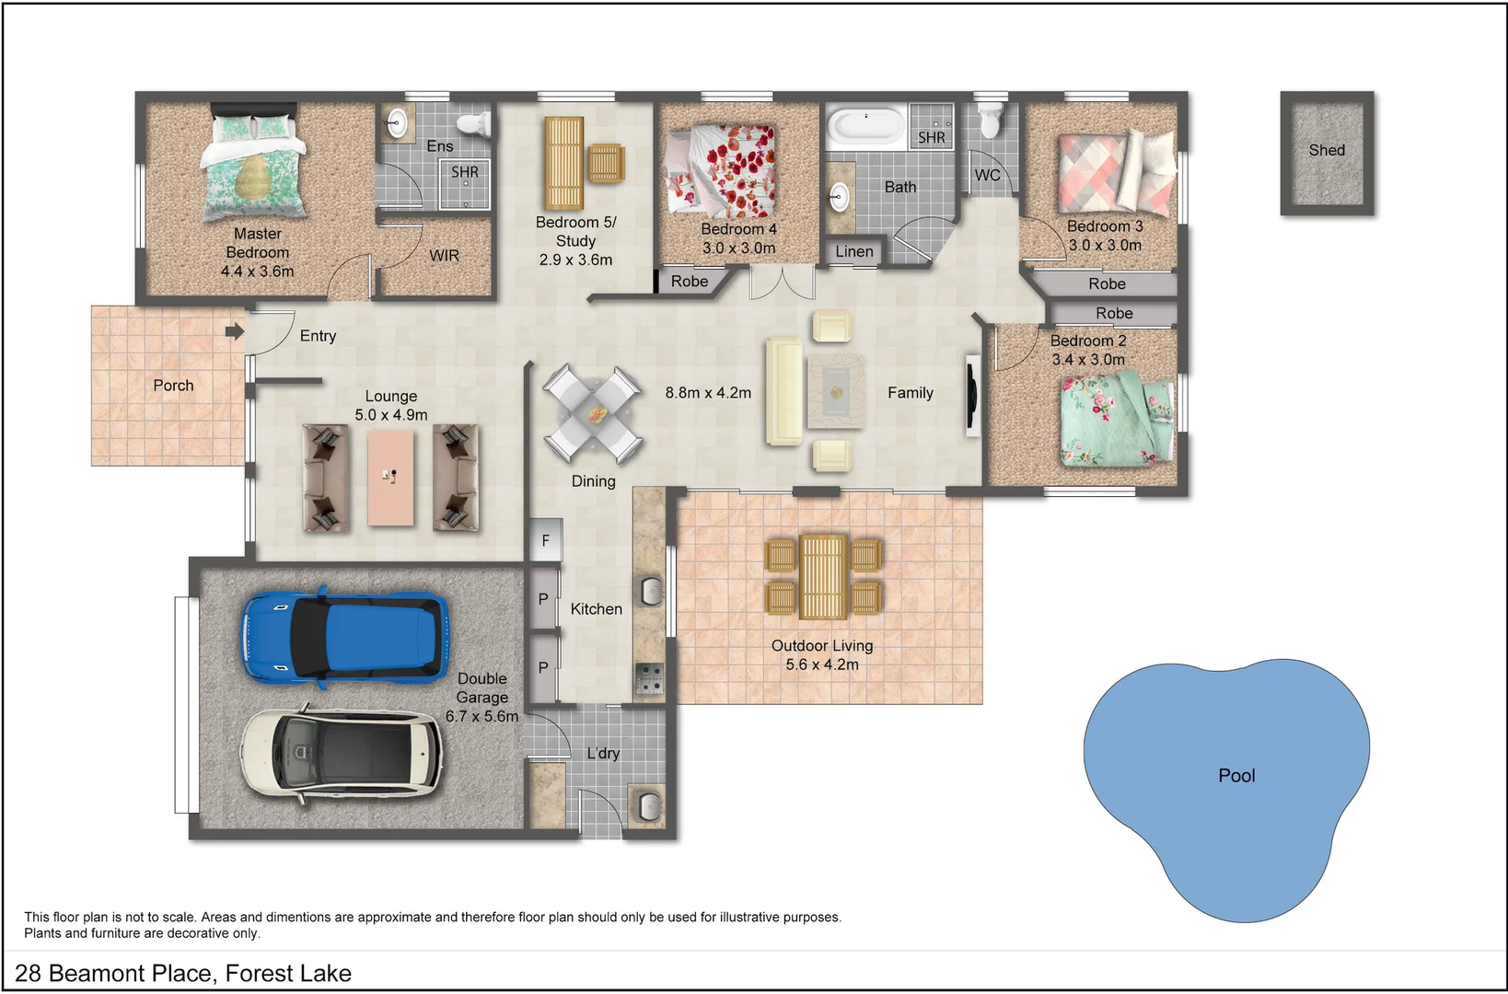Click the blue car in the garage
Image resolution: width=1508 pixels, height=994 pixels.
344,637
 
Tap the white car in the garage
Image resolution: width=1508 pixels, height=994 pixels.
342,752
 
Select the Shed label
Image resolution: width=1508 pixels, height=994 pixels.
1327,150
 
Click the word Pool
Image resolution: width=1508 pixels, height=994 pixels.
1236,776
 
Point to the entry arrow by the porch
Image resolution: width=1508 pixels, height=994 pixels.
235,331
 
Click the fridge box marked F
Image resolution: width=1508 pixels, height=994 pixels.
545,540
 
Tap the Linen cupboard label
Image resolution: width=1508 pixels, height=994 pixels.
854,251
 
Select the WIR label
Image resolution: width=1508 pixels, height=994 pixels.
444,256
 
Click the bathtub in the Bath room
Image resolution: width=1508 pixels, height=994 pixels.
865,126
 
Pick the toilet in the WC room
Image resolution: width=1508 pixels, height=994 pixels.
991,120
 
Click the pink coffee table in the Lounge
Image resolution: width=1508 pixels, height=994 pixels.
390,478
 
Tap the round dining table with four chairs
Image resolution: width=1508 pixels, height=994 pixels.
592,414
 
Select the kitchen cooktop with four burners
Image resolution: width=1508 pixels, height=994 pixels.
649,679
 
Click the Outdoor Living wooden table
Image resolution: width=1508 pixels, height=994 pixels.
822,577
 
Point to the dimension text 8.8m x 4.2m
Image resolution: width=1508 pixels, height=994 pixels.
708,393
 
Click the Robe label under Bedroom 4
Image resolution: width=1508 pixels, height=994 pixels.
689,282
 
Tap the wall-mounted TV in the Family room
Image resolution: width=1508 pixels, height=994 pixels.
970,396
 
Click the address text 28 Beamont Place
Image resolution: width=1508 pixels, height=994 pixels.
182,973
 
